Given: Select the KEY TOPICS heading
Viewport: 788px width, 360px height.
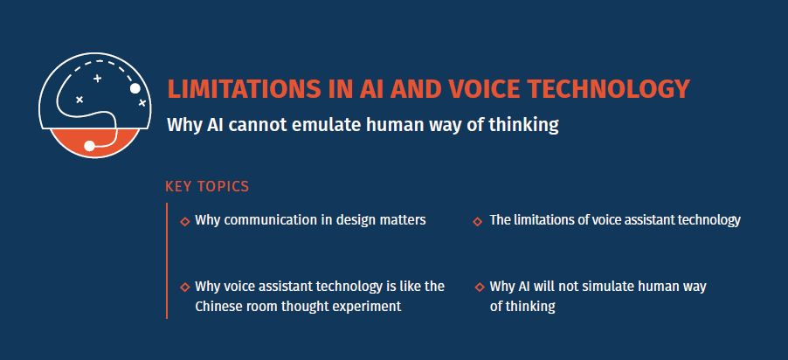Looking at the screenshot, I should click(x=207, y=186).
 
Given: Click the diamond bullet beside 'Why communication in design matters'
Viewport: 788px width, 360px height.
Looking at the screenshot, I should click(x=184, y=221).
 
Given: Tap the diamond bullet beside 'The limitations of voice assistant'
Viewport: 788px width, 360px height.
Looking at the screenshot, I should click(x=477, y=221).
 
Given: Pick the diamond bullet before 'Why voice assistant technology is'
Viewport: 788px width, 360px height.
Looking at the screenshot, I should click(x=184, y=287).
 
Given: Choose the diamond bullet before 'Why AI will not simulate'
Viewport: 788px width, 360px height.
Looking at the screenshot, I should click(x=479, y=287).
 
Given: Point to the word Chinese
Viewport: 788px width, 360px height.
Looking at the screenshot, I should click(x=218, y=306).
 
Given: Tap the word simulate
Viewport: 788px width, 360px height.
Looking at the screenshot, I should click(x=607, y=287).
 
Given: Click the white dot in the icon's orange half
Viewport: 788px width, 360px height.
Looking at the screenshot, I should click(x=89, y=145).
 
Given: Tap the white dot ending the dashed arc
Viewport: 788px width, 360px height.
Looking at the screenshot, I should click(x=135, y=88).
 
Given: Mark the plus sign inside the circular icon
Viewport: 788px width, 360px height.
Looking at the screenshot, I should click(x=97, y=79).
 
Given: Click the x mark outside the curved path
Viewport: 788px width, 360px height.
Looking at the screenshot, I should click(x=142, y=103).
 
